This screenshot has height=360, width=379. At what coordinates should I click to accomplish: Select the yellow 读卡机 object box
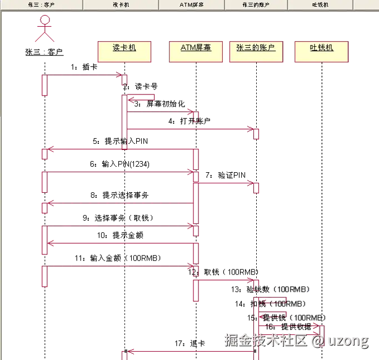[x=124, y=51]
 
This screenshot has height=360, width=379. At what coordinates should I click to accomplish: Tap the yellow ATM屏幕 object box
[x=196, y=51]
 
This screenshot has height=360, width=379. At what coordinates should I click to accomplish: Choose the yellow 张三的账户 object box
[x=255, y=51]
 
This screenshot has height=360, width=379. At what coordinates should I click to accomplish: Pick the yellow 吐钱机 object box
[x=321, y=51]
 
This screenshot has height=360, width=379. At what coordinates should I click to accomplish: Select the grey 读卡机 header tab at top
[x=121, y=4]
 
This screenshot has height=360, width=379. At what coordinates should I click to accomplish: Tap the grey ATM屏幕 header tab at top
[x=192, y=4]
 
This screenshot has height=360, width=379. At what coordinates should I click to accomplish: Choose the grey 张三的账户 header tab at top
[x=256, y=4]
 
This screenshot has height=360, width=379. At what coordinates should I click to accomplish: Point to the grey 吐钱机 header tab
[x=320, y=4]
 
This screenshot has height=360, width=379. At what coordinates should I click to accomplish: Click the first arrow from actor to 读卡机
[x=83, y=74]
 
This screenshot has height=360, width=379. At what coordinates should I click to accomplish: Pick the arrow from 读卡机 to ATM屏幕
[x=161, y=113]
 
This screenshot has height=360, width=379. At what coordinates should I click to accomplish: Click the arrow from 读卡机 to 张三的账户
[x=189, y=129]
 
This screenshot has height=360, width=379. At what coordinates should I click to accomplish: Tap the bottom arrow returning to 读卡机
[x=189, y=351]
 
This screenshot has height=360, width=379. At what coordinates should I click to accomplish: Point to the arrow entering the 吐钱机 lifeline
[x=295, y=325]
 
